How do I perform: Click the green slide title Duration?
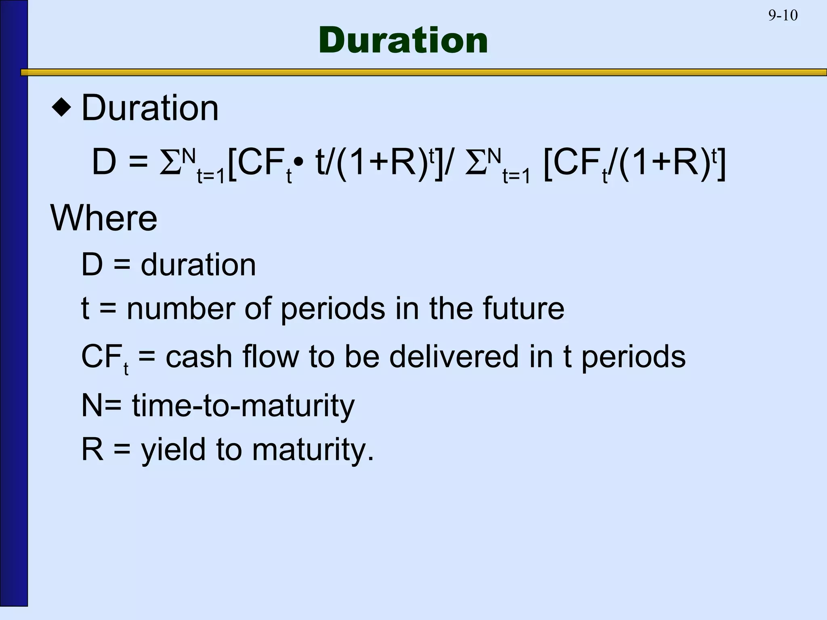pyautogui.click(x=403, y=40)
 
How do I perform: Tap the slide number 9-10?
pyautogui.click(x=783, y=16)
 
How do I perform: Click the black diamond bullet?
pyautogui.click(x=62, y=108)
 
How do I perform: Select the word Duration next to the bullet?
pyautogui.click(x=150, y=108)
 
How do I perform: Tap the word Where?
pyautogui.click(x=104, y=218)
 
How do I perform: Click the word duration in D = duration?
pyautogui.click(x=198, y=265)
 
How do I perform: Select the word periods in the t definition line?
pyautogui.click(x=333, y=309)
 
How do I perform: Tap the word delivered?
pyautogui.click(x=454, y=357)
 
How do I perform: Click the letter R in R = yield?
pyautogui.click(x=92, y=450)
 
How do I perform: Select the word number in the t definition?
pyautogui.click(x=181, y=309)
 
